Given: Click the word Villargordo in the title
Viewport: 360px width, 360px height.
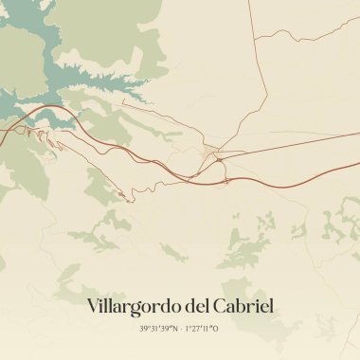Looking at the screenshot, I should [x=133, y=306].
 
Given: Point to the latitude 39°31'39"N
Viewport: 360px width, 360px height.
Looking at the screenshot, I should [x=158, y=329].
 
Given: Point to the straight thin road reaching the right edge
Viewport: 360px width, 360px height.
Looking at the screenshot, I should [x=355, y=133].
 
